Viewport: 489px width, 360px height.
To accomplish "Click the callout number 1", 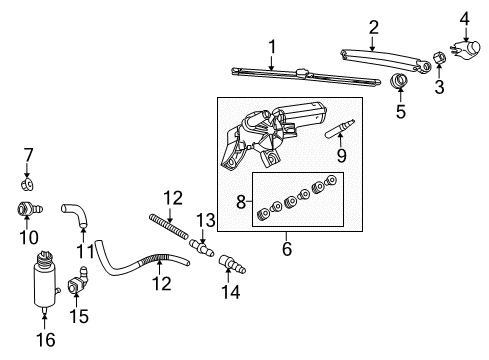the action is pos(272,47).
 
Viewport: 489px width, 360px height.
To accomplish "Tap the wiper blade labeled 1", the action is pos(306,76).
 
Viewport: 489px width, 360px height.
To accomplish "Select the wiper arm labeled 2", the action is pos(385,59).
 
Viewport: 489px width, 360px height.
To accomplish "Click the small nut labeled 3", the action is pos(440,57).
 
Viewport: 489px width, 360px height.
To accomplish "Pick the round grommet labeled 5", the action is pos(399,81).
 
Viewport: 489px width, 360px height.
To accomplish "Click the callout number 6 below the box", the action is pos(287,249).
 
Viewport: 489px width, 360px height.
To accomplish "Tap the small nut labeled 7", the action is pos(27,184).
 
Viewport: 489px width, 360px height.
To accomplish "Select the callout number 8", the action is pos(241,202).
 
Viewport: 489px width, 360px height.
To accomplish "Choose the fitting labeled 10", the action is pos(29,209).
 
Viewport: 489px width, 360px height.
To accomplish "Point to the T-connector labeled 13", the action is pos(202,248).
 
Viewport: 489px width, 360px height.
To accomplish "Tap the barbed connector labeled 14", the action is pos(232,264).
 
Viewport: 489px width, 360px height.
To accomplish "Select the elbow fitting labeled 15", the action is pos(78,281).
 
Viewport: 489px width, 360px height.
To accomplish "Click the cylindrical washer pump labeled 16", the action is pos(45,281).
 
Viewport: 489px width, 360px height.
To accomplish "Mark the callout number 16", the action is pos(46,340).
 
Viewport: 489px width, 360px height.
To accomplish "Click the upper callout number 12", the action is pos(173,198).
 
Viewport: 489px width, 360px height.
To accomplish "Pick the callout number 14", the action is pos(230,292).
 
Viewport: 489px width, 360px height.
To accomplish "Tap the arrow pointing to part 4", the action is pos(465,34).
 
